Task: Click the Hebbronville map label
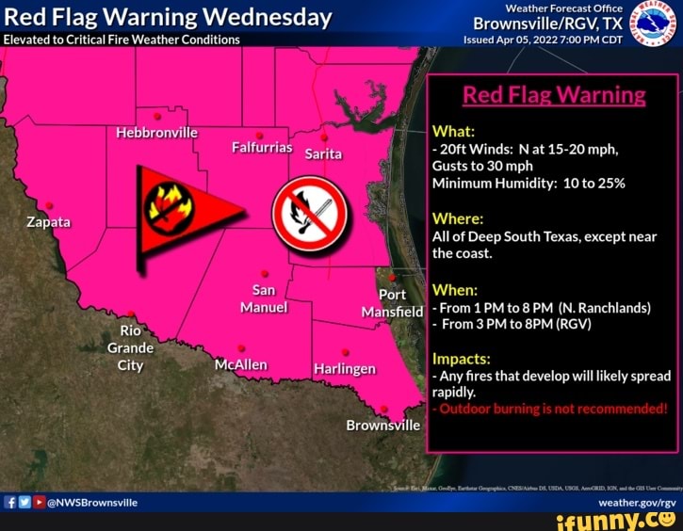click(156, 132)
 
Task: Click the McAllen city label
click(241, 364)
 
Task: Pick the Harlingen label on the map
click(346, 368)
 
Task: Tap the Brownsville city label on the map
click(382, 425)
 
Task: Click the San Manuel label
click(264, 298)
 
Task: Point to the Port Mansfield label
click(391, 303)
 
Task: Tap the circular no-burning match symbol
click(310, 213)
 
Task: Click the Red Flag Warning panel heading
click(554, 95)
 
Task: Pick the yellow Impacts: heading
click(461, 359)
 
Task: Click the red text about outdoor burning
click(551, 409)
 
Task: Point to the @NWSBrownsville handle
click(92, 502)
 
